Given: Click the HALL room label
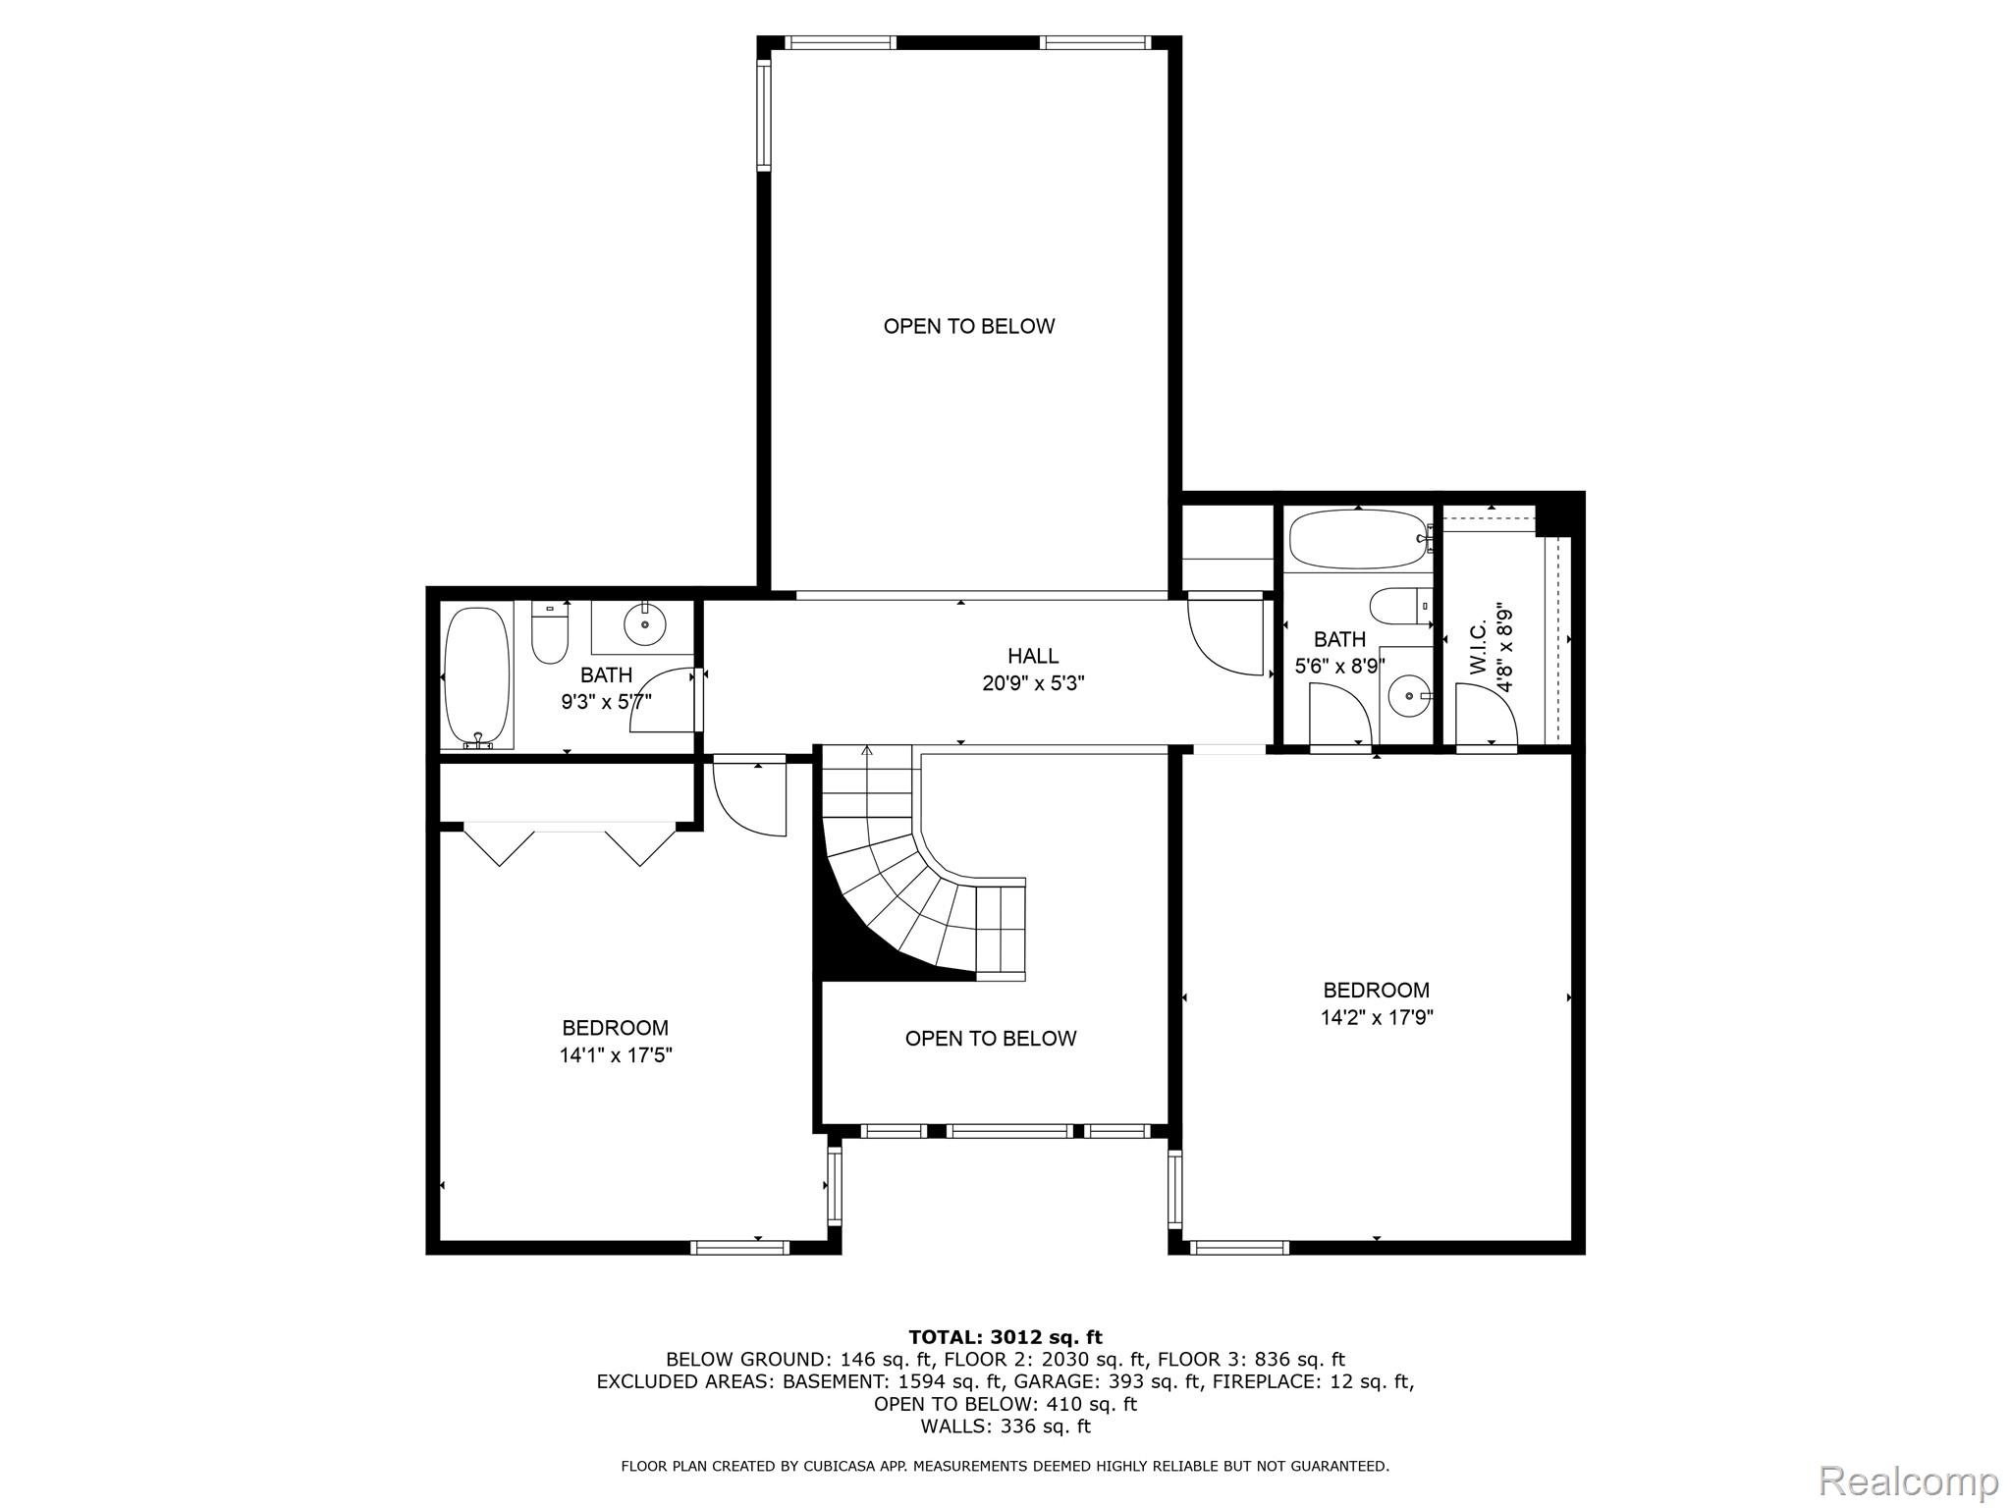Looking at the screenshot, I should point(1033,656).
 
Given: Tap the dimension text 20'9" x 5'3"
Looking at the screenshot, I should point(1033,683).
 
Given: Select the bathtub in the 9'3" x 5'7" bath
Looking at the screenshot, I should point(477,677).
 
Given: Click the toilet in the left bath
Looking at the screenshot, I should point(550,633).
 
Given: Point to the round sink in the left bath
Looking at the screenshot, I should point(645,623).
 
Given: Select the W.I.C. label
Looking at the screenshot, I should point(1479,651).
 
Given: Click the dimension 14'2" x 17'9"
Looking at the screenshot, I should point(1377,1018).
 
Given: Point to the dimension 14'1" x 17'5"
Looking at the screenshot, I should point(616,1055).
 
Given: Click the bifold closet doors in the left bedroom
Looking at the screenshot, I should point(570,845).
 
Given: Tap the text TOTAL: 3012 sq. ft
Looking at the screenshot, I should point(1005,1337).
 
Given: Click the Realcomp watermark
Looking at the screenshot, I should point(1908,1480).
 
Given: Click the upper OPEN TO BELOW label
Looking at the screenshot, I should point(968,327).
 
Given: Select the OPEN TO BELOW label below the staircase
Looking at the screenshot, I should point(991,1039).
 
